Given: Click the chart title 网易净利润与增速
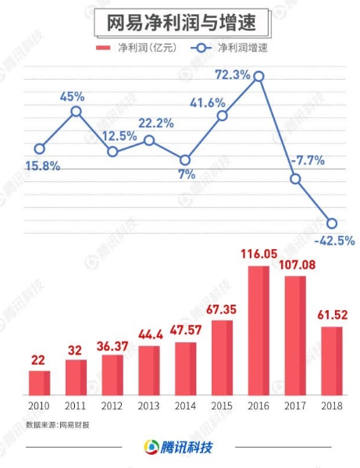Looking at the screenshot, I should (180, 20).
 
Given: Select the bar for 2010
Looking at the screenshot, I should (39, 382).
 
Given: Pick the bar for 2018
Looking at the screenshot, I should (332, 360).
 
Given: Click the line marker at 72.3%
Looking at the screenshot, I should (258, 77).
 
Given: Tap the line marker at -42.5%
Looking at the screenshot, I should (332, 223).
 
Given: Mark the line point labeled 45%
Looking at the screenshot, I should (76, 112).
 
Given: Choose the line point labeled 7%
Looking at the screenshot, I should (185, 159).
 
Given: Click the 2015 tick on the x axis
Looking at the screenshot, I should (222, 406).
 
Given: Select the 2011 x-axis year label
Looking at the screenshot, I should (76, 406).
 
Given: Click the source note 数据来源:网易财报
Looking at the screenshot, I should (56, 426).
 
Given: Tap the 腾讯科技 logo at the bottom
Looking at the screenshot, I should (179, 448).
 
